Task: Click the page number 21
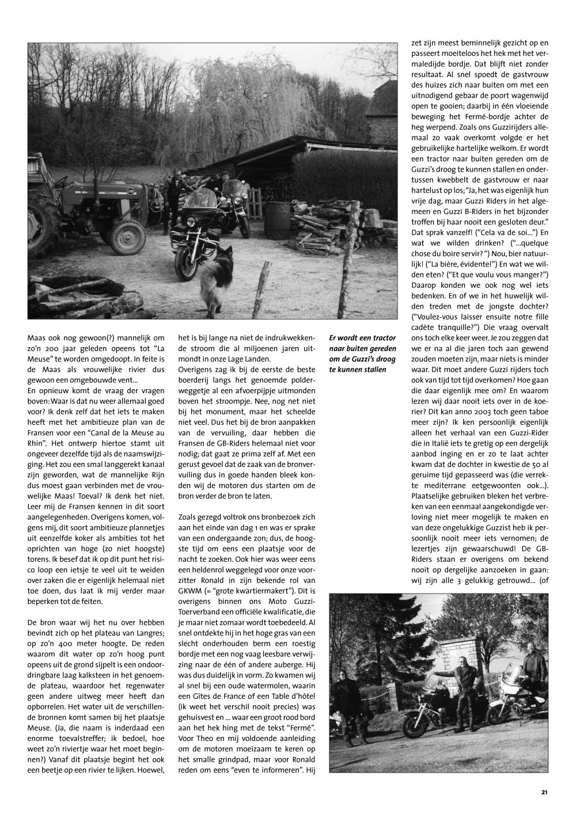pyautogui.click(x=544, y=792)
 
